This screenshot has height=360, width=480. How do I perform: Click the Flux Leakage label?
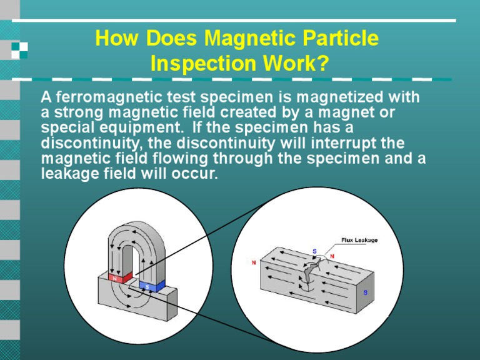point(359,240)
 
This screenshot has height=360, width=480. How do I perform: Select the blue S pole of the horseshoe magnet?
point(148,286)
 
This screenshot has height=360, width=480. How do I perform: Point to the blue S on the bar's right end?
point(366,292)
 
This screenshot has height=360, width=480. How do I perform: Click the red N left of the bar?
point(254,262)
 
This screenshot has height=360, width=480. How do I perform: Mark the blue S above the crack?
point(314,251)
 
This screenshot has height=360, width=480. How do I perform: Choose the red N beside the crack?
point(332,256)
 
